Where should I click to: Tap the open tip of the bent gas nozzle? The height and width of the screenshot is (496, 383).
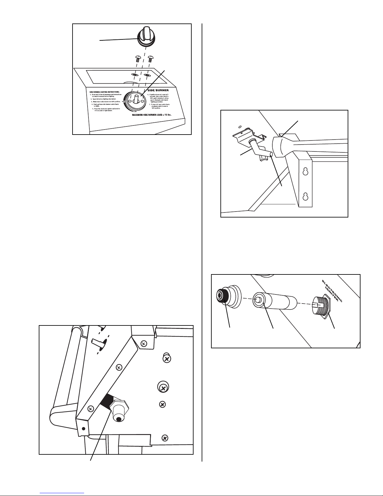(x=270, y=154)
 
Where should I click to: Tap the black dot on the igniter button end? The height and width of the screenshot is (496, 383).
(x=118, y=419)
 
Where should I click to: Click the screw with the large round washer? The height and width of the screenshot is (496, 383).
(x=163, y=388)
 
